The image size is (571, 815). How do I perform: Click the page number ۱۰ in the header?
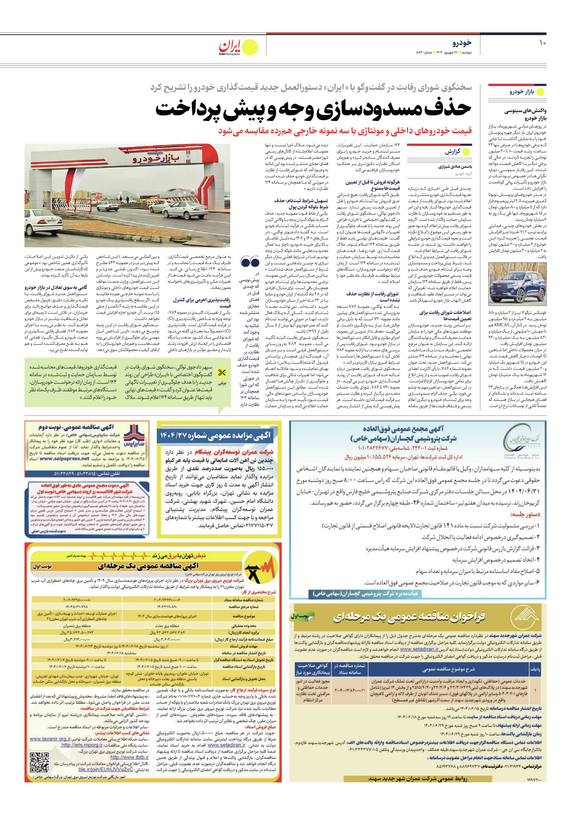point(542,43)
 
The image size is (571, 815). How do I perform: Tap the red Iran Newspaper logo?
point(230,47)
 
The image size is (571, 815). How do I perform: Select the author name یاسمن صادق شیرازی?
point(455,167)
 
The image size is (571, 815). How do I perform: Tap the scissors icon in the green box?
point(222,373)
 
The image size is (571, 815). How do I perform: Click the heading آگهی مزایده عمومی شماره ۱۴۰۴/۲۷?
point(216,436)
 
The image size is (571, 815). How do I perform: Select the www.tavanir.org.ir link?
point(50,739)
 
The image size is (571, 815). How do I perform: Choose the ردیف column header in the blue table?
point(535,669)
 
